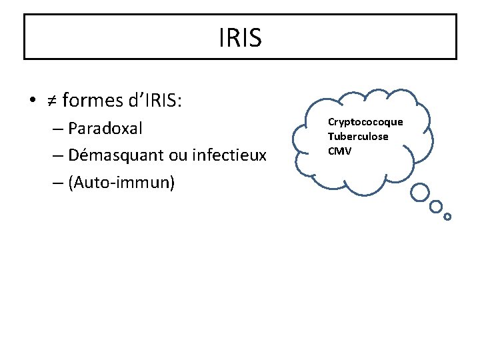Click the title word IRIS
(x=240, y=38)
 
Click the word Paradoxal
(x=105, y=128)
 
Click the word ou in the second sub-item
(x=177, y=155)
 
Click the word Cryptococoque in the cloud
(x=365, y=122)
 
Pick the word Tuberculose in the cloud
(x=358, y=137)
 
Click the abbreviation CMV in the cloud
(x=339, y=151)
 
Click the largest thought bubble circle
(x=419, y=193)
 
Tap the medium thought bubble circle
(x=437, y=206)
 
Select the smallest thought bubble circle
(x=447, y=217)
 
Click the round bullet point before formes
(x=32, y=102)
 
